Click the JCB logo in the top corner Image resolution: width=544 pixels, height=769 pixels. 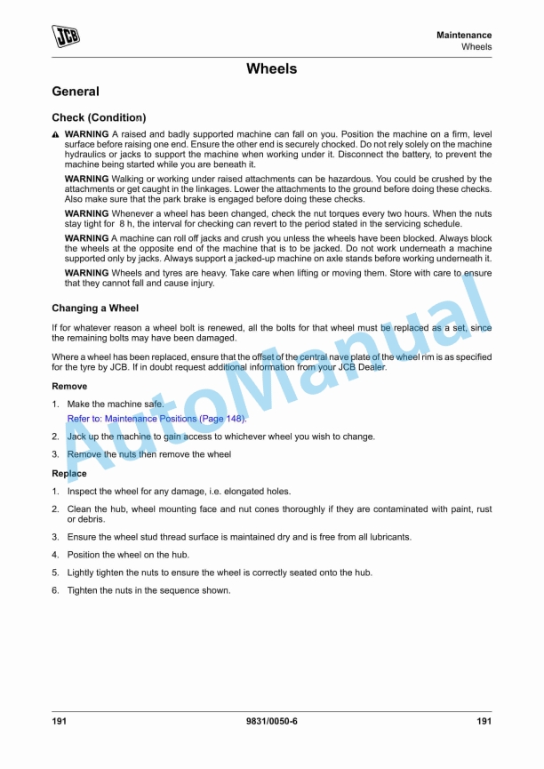point(65,36)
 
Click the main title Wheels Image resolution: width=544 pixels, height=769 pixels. point(271,69)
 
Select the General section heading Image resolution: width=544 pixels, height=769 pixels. point(76,92)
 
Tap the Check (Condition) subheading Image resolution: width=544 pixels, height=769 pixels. point(99,117)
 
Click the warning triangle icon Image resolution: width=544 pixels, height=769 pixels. point(55,133)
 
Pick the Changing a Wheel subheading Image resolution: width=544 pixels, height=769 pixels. point(95,308)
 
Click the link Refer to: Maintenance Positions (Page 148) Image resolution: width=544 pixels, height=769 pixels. point(157,419)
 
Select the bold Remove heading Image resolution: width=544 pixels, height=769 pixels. point(69,387)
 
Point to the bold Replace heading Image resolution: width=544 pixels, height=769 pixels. point(69,474)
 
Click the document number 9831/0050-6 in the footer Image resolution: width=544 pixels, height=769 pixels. point(271,721)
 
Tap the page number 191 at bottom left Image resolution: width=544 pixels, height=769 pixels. point(60,721)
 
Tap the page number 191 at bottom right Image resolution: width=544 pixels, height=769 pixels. point(484,721)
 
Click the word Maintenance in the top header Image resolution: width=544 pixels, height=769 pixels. point(464,35)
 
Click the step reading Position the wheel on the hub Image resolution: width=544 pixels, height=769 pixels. point(128,555)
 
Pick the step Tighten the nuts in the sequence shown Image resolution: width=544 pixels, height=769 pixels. point(148,590)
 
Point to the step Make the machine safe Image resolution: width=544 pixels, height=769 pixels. point(116,405)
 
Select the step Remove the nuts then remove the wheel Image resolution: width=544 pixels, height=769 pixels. point(148,454)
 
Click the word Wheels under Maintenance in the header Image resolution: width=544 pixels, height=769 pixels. point(476,46)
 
